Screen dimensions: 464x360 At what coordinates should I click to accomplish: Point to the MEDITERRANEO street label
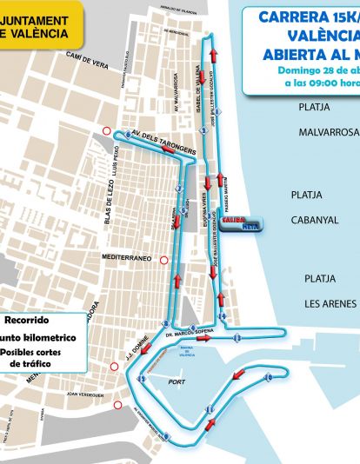(127, 258)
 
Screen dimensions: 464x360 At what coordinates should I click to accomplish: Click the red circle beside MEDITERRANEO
(163, 259)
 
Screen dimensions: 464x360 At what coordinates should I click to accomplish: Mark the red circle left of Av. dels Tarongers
(107, 131)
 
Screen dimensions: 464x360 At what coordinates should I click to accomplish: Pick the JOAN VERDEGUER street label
(85, 394)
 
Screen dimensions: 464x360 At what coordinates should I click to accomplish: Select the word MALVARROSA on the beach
(328, 133)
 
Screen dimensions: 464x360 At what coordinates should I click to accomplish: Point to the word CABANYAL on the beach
(315, 220)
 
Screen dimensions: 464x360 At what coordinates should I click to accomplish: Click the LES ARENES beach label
(330, 303)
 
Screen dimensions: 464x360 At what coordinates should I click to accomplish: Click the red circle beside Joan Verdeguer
(119, 405)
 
